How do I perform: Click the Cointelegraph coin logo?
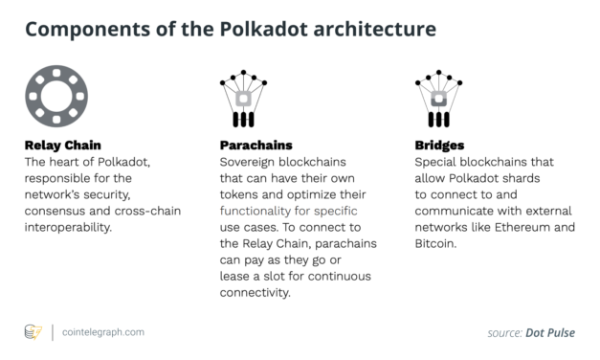33,332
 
